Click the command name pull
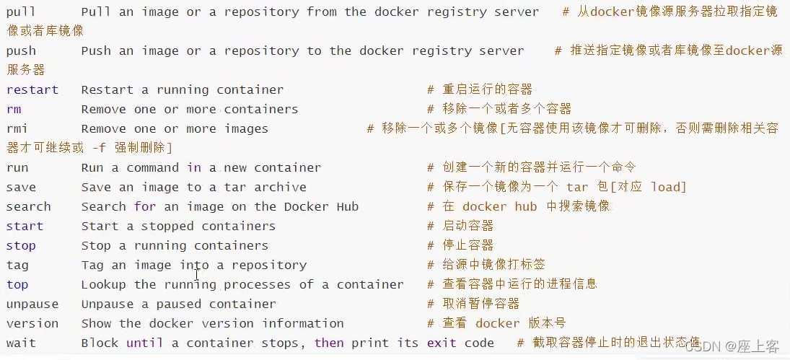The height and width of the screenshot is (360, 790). point(21,12)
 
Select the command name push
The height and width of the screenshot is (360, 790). point(21,51)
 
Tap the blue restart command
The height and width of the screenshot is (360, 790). point(32,90)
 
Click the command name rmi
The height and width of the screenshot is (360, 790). point(17,129)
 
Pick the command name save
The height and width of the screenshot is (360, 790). point(21,188)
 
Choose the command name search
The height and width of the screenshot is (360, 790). point(29,207)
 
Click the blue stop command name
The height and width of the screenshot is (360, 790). point(21,246)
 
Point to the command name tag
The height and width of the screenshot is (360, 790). point(17,265)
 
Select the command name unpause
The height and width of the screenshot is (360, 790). point(32,304)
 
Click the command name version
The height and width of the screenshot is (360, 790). point(32,324)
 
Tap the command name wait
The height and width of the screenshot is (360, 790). point(21,343)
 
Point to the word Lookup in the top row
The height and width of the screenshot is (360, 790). point(104,285)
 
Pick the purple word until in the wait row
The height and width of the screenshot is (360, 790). point(145,343)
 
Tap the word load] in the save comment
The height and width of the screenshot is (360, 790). point(668,188)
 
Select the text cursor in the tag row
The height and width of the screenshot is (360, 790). point(197,276)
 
